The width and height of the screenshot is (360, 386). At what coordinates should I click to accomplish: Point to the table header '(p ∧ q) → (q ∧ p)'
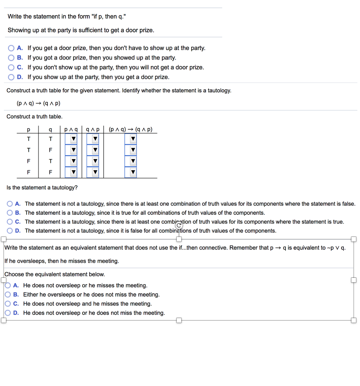click(x=130, y=130)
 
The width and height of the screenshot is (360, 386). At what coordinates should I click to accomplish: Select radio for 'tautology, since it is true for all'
click(x=10, y=213)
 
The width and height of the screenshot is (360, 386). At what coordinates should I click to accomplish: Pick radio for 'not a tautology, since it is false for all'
click(x=10, y=231)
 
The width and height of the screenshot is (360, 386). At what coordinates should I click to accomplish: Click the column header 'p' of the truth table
click(x=28, y=130)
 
